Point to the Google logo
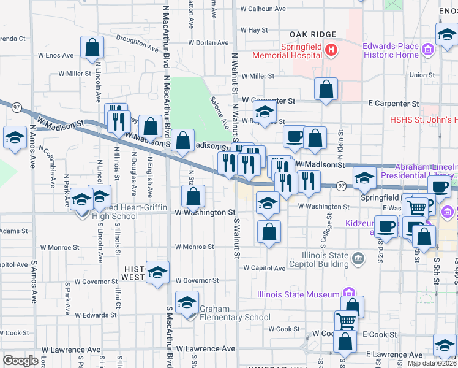20,360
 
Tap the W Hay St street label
254,29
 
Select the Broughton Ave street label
137,42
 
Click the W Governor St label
197,280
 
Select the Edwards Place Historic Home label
391,50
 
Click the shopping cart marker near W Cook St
347,321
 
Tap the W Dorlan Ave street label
208,44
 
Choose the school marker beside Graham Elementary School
186,303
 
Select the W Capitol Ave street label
264,268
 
